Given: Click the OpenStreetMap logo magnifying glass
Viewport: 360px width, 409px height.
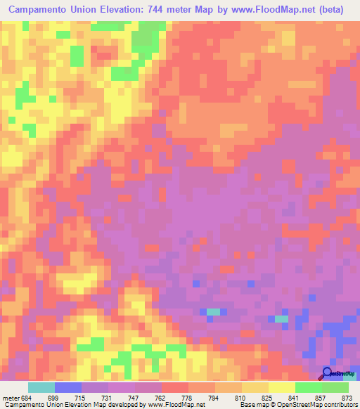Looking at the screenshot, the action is click(327, 373).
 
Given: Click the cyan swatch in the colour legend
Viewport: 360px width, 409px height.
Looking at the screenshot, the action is click(41, 387).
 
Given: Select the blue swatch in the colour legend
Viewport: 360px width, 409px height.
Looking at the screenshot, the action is click(68, 387).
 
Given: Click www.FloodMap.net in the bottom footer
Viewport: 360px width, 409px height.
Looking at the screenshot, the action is click(175, 405).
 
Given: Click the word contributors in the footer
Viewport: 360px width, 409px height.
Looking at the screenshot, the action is click(337, 405).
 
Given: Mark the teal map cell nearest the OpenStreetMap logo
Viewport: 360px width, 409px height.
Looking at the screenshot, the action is click(281, 319).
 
